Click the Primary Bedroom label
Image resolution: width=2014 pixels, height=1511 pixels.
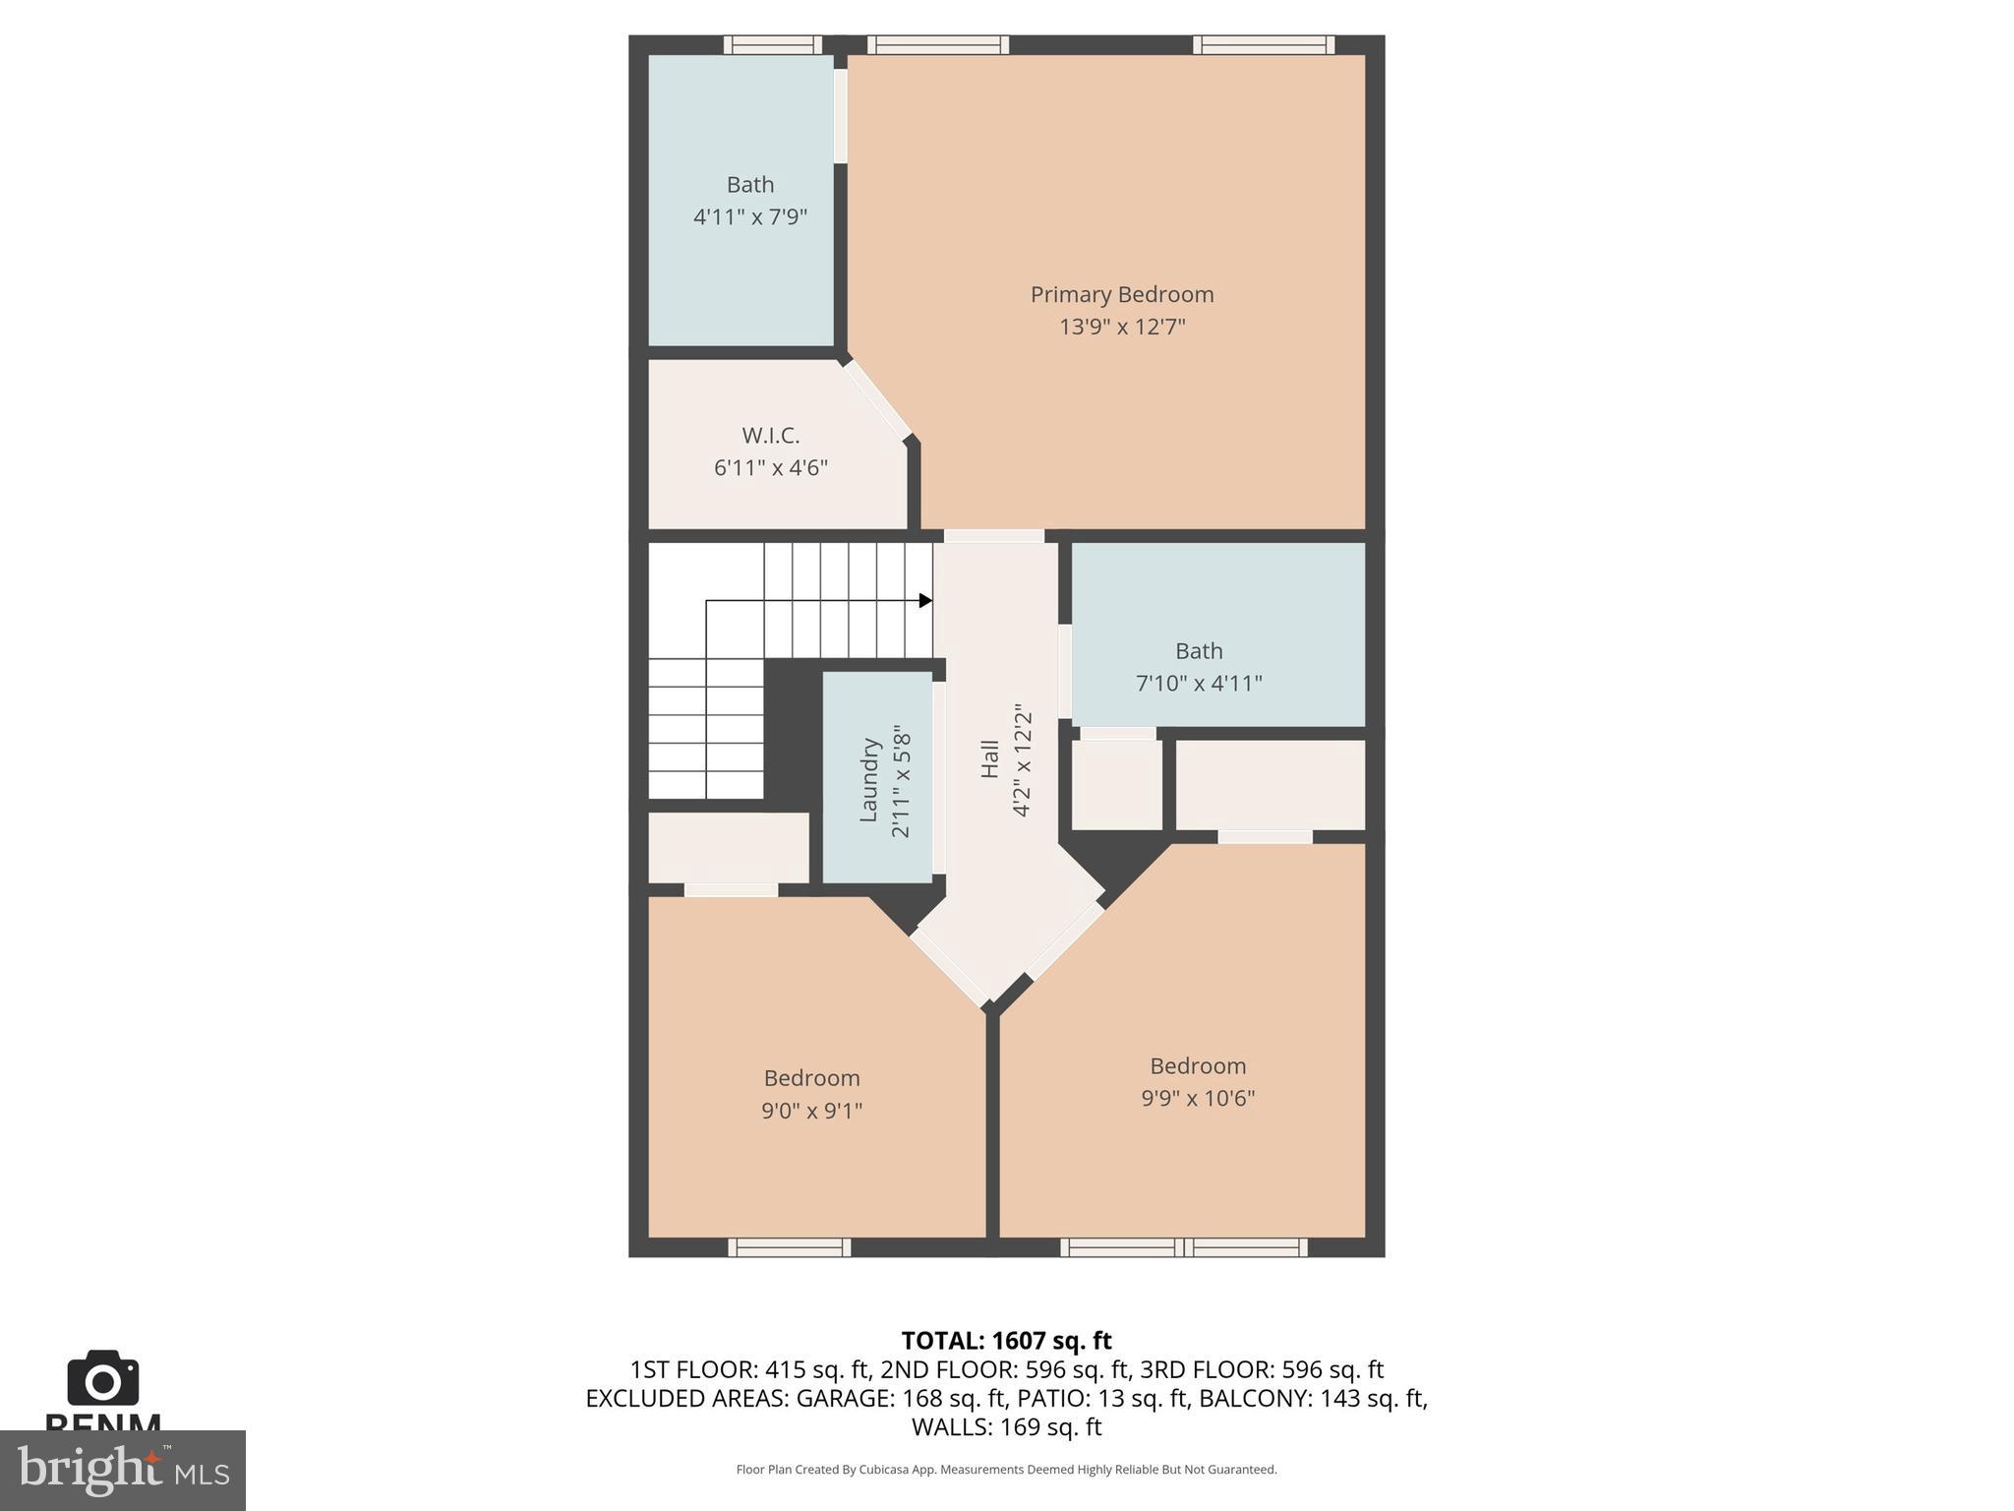(x=1121, y=294)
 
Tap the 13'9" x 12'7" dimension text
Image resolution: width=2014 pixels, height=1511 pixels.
(x=1121, y=327)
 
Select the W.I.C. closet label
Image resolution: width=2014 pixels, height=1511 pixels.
(x=770, y=435)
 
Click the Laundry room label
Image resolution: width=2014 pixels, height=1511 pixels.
(x=868, y=780)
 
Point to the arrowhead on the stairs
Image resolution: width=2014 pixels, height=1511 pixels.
(x=924, y=600)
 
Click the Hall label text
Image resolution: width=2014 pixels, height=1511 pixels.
(x=989, y=759)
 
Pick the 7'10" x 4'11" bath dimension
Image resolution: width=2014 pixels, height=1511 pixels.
(x=1199, y=683)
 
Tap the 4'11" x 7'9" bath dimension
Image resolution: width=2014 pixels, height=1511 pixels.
(x=750, y=216)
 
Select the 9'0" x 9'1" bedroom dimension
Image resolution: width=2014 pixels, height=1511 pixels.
(x=811, y=1111)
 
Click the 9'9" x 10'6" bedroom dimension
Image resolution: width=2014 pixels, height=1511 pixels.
(x=1198, y=1098)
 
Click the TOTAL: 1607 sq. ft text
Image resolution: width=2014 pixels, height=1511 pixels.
(x=1006, y=1341)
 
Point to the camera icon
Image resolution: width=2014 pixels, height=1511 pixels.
(x=102, y=1378)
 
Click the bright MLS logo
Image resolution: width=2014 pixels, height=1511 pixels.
(x=122, y=1470)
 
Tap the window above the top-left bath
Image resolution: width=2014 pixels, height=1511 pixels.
(x=772, y=44)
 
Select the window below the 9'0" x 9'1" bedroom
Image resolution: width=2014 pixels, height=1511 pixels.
(x=789, y=1247)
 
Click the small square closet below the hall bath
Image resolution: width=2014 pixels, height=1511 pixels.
(x=1116, y=785)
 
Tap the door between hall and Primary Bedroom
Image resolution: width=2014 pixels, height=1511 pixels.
(x=993, y=536)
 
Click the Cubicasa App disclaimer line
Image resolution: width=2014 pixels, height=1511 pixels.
(x=1006, y=1470)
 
